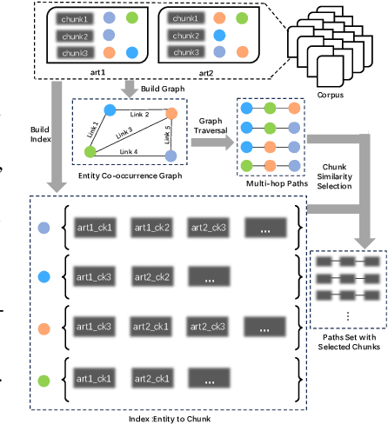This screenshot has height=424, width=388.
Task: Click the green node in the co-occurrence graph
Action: [90, 152]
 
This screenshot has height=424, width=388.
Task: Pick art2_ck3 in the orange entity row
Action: [209, 328]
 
